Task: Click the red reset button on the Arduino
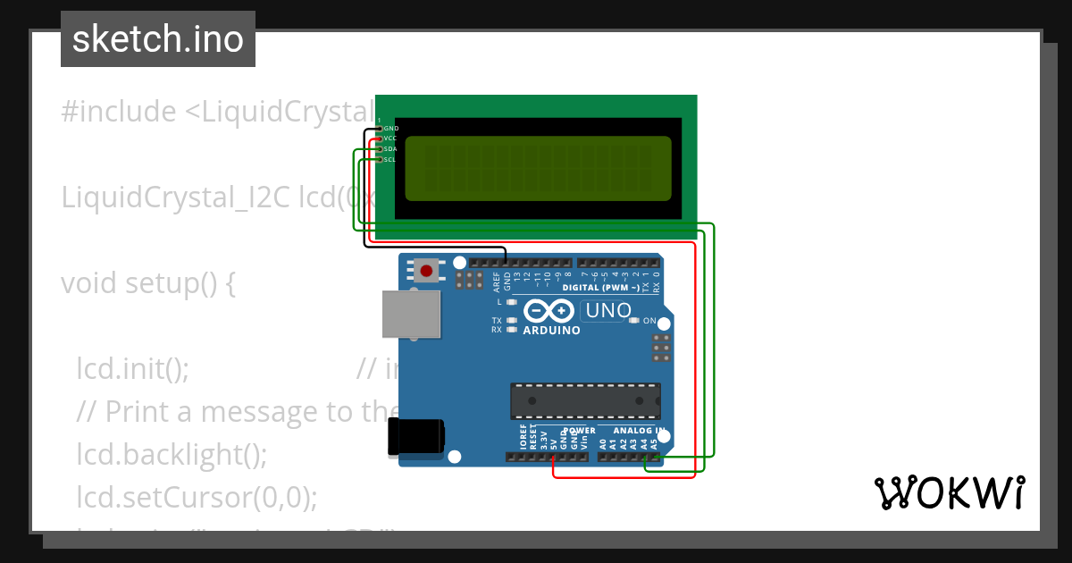426,271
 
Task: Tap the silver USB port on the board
411,314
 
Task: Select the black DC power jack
415,437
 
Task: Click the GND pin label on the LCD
390,129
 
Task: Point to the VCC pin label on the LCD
390,139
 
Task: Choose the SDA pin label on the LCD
390,149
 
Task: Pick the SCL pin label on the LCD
390,160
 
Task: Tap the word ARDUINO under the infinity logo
551,331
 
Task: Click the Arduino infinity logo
549,311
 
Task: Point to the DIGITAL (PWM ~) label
600,288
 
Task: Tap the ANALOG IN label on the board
638,431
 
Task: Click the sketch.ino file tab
158,39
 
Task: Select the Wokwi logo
949,492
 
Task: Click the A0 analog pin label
603,442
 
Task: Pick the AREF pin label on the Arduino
496,283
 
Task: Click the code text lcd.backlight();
172,454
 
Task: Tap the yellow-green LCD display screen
538,168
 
